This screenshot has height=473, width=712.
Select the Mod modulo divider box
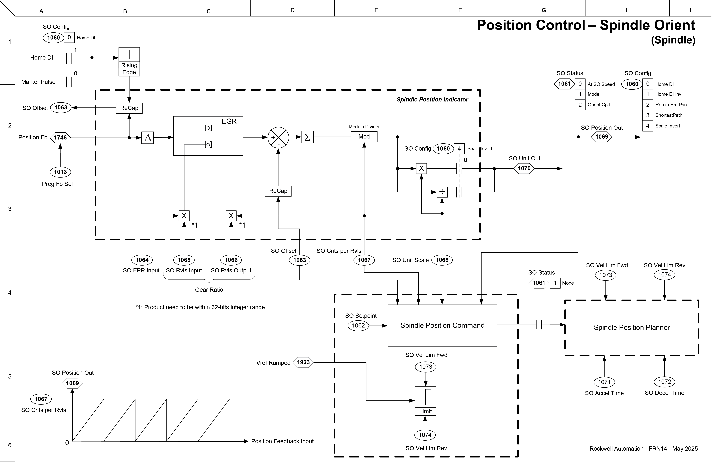364,137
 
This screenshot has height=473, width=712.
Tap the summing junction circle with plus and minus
278,137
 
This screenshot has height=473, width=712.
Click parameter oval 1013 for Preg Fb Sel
60,172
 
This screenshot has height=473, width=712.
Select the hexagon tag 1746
60,138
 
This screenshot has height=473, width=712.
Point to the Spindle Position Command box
442,326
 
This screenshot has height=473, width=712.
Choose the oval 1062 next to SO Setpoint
358,326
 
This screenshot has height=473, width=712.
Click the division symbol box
442,192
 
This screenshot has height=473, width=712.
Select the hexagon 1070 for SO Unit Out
524,168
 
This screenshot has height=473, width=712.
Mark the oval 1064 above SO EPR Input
142,260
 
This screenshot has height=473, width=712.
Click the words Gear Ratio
209,290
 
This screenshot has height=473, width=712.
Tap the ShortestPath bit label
669,115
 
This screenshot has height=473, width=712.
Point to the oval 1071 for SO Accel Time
604,382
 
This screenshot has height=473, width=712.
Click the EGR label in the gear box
229,121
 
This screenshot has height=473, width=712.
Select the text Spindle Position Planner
632,328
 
